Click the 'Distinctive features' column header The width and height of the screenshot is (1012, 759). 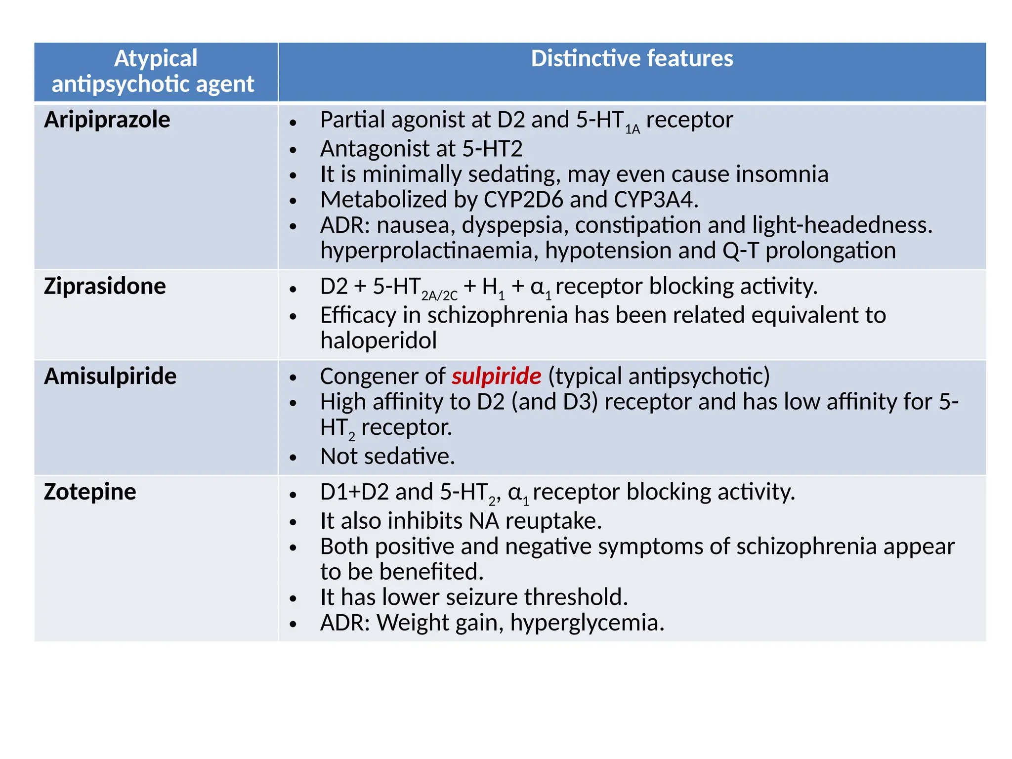(x=632, y=59)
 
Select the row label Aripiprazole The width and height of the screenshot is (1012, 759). (x=107, y=120)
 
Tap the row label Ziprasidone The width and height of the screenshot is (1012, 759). (x=105, y=287)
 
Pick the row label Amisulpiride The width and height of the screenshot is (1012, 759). (x=110, y=377)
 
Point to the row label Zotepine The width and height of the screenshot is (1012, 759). (x=90, y=492)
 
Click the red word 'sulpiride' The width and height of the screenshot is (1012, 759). (x=496, y=377)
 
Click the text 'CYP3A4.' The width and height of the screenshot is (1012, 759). (x=656, y=200)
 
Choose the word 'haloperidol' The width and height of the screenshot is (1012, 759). (x=379, y=341)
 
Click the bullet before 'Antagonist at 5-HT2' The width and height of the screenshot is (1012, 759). (x=293, y=150)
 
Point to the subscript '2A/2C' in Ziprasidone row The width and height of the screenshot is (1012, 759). (x=439, y=296)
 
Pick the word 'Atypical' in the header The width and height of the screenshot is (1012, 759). (x=156, y=58)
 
